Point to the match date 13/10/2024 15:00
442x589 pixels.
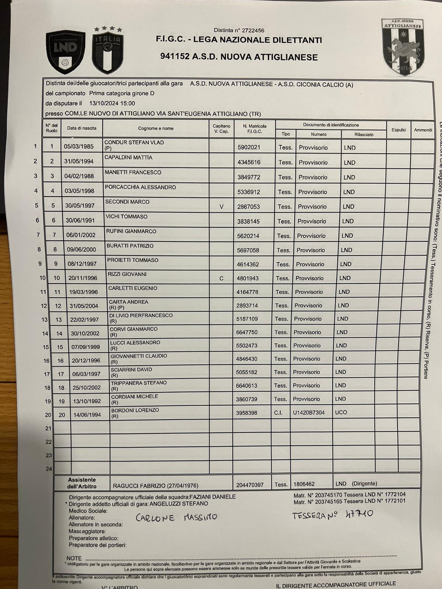(112, 103)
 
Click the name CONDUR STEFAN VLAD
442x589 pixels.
(134, 142)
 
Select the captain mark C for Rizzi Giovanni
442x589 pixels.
(221, 278)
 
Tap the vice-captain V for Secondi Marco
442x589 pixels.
(221, 207)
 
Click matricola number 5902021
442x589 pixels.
(249, 147)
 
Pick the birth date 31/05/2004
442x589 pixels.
(84, 306)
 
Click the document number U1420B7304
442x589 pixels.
(309, 413)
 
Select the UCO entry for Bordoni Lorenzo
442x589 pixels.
(341, 412)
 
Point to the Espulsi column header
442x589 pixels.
(399, 130)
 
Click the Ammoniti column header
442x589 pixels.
(423, 130)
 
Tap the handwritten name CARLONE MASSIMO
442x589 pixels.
(176, 517)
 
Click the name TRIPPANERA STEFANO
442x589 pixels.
(139, 383)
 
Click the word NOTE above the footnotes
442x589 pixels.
(74, 558)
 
